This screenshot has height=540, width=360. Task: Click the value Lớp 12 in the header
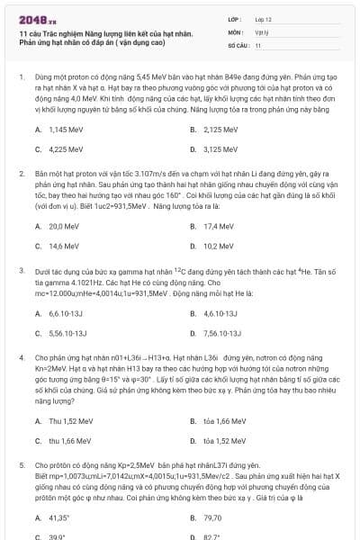pyautogui.click(x=264, y=19)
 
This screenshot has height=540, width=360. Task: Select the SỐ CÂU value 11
pyautogui.click(x=258, y=44)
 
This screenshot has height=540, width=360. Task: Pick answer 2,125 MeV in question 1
pyautogui.click(x=220, y=130)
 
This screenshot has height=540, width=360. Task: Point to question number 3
pyautogui.click(x=21, y=269)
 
